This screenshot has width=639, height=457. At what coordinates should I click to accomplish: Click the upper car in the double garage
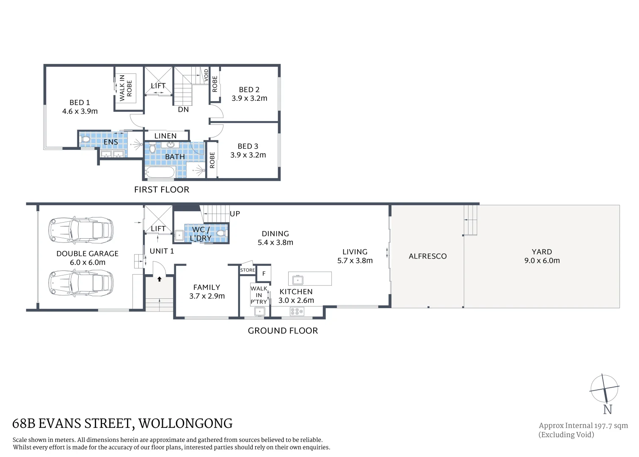pyautogui.click(x=81, y=230)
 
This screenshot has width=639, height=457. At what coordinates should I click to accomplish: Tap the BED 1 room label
pyautogui.click(x=80, y=102)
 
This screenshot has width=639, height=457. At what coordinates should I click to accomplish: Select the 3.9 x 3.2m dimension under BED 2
pyautogui.click(x=249, y=98)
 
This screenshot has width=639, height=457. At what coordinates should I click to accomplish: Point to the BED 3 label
pyautogui.click(x=248, y=146)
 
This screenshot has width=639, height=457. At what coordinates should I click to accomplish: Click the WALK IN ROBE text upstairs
pyautogui.click(x=126, y=88)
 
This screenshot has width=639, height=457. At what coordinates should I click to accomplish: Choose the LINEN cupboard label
pyautogui.click(x=165, y=136)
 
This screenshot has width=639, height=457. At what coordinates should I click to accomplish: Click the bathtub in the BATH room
pyautogui.click(x=160, y=173)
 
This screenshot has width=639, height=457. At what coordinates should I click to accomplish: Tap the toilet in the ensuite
pyautogui.click(x=85, y=139)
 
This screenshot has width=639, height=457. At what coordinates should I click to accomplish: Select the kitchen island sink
pyautogui.click(x=298, y=280)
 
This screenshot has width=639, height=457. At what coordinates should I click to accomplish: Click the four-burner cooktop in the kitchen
pyautogui.click(x=297, y=312)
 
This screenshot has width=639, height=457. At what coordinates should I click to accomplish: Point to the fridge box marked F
pyautogui.click(x=264, y=274)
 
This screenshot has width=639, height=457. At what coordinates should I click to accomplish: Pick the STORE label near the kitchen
pyautogui.click(x=248, y=270)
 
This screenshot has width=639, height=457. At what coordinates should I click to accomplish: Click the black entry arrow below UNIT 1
pyautogui.click(x=160, y=279)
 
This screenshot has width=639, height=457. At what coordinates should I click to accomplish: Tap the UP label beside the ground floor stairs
pyautogui.click(x=235, y=214)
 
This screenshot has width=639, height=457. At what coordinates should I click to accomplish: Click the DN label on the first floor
pyautogui.click(x=183, y=110)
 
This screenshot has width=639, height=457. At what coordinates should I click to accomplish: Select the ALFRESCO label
pyautogui.click(x=427, y=256)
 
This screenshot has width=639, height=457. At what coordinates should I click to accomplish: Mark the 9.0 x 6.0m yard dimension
pyautogui.click(x=542, y=261)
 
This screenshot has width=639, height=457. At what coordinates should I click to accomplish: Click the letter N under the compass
pyautogui.click(x=607, y=410)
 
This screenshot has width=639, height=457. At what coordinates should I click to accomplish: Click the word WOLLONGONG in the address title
pyautogui.click(x=185, y=424)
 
